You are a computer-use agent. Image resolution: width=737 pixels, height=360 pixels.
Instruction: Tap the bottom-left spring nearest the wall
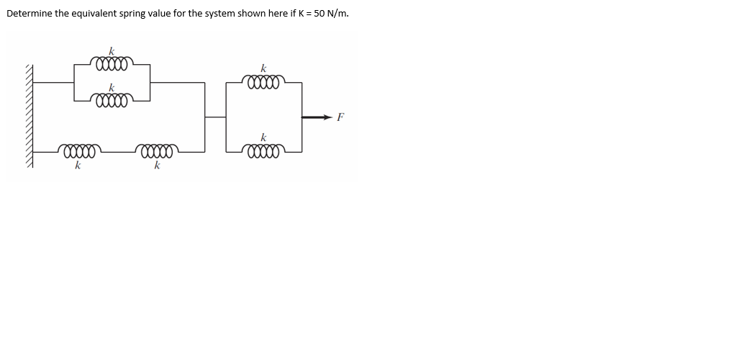79,152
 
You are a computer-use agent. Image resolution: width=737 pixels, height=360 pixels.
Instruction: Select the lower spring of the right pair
264,151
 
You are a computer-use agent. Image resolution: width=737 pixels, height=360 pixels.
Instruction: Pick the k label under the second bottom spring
156,166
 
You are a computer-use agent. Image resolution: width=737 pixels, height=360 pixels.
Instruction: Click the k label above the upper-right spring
263,69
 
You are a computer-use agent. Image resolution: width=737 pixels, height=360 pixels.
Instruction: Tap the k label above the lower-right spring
263,137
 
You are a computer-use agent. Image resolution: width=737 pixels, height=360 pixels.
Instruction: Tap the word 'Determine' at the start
28,14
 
